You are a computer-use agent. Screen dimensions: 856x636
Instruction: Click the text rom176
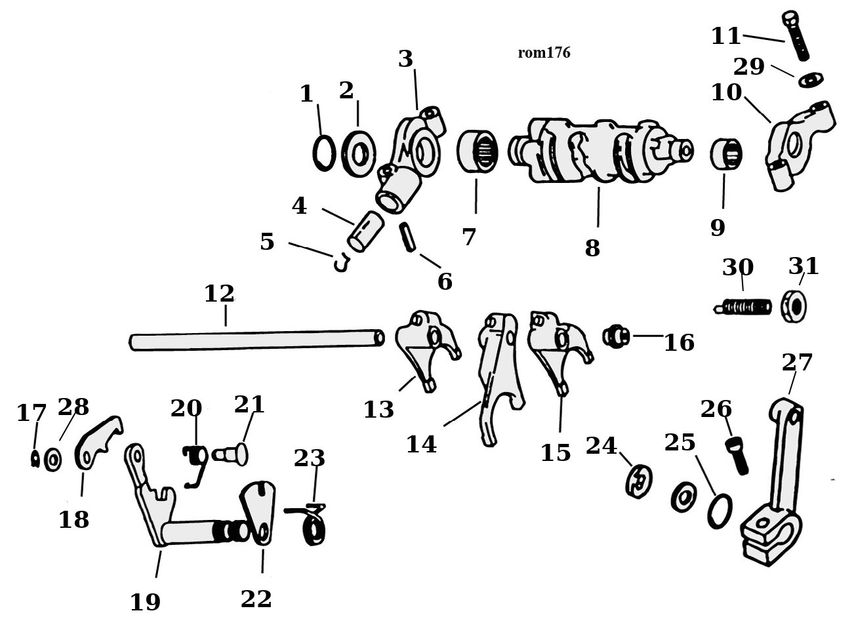coord(544,53)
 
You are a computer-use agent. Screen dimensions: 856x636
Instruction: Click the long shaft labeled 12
coord(256,340)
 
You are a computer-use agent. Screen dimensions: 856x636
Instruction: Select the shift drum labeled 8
coord(601,151)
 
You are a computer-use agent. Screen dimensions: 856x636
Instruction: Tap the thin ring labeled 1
coord(323,153)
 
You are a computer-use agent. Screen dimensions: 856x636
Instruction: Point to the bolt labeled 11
coord(795,35)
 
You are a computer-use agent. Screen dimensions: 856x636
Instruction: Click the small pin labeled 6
coord(407,237)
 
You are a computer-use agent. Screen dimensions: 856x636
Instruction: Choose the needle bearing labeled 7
coord(477,151)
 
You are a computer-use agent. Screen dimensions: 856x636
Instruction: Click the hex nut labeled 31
coord(794,306)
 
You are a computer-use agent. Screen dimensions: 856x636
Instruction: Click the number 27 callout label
coord(797,363)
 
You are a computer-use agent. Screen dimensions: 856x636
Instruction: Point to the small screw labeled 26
coord(737,456)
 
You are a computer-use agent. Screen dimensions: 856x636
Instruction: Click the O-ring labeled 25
coord(720,511)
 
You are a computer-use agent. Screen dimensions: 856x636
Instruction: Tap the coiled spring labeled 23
coord(311,523)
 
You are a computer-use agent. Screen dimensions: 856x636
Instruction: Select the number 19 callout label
coord(145,603)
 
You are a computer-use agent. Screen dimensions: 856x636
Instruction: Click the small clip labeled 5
coord(342,263)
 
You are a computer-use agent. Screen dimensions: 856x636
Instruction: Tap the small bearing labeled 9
coord(726,153)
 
